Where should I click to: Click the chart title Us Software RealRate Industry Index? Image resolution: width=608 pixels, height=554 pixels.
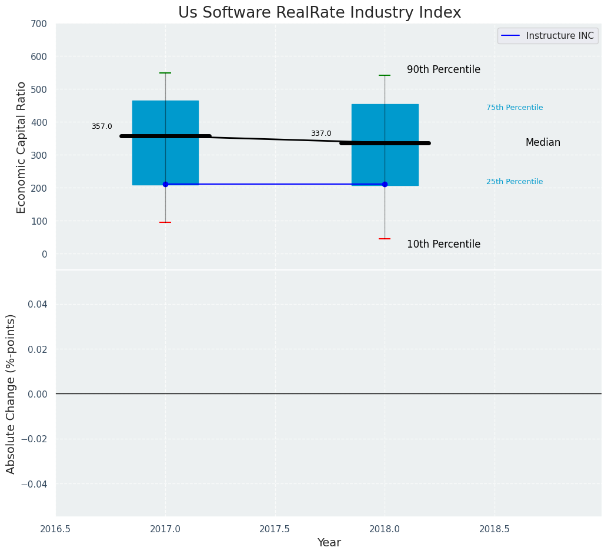319,13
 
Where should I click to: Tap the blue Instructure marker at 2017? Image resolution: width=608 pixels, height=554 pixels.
165,184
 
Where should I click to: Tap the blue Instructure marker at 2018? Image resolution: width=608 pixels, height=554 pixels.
385,184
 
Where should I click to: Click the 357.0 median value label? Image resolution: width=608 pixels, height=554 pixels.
102,126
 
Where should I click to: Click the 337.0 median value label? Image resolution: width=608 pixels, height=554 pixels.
321,134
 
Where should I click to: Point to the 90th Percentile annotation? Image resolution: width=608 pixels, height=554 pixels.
443,69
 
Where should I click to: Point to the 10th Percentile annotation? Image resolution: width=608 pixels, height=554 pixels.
443,244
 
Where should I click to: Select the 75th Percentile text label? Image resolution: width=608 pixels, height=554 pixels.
515,108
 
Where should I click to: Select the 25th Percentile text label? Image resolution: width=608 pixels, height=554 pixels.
515,182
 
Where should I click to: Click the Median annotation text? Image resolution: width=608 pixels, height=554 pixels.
543,142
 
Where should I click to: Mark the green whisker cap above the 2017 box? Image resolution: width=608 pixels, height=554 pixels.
165,73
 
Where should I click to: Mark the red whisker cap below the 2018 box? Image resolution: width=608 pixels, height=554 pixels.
385,239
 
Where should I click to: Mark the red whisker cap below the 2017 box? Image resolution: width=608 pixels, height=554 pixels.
165,222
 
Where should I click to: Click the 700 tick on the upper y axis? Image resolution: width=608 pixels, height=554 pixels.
39,24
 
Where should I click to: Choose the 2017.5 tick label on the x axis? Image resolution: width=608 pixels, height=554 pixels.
275,529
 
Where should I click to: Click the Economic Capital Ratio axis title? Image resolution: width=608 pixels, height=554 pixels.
22,147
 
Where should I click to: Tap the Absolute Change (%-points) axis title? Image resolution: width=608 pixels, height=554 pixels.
11,393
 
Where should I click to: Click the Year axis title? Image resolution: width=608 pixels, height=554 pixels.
329,543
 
